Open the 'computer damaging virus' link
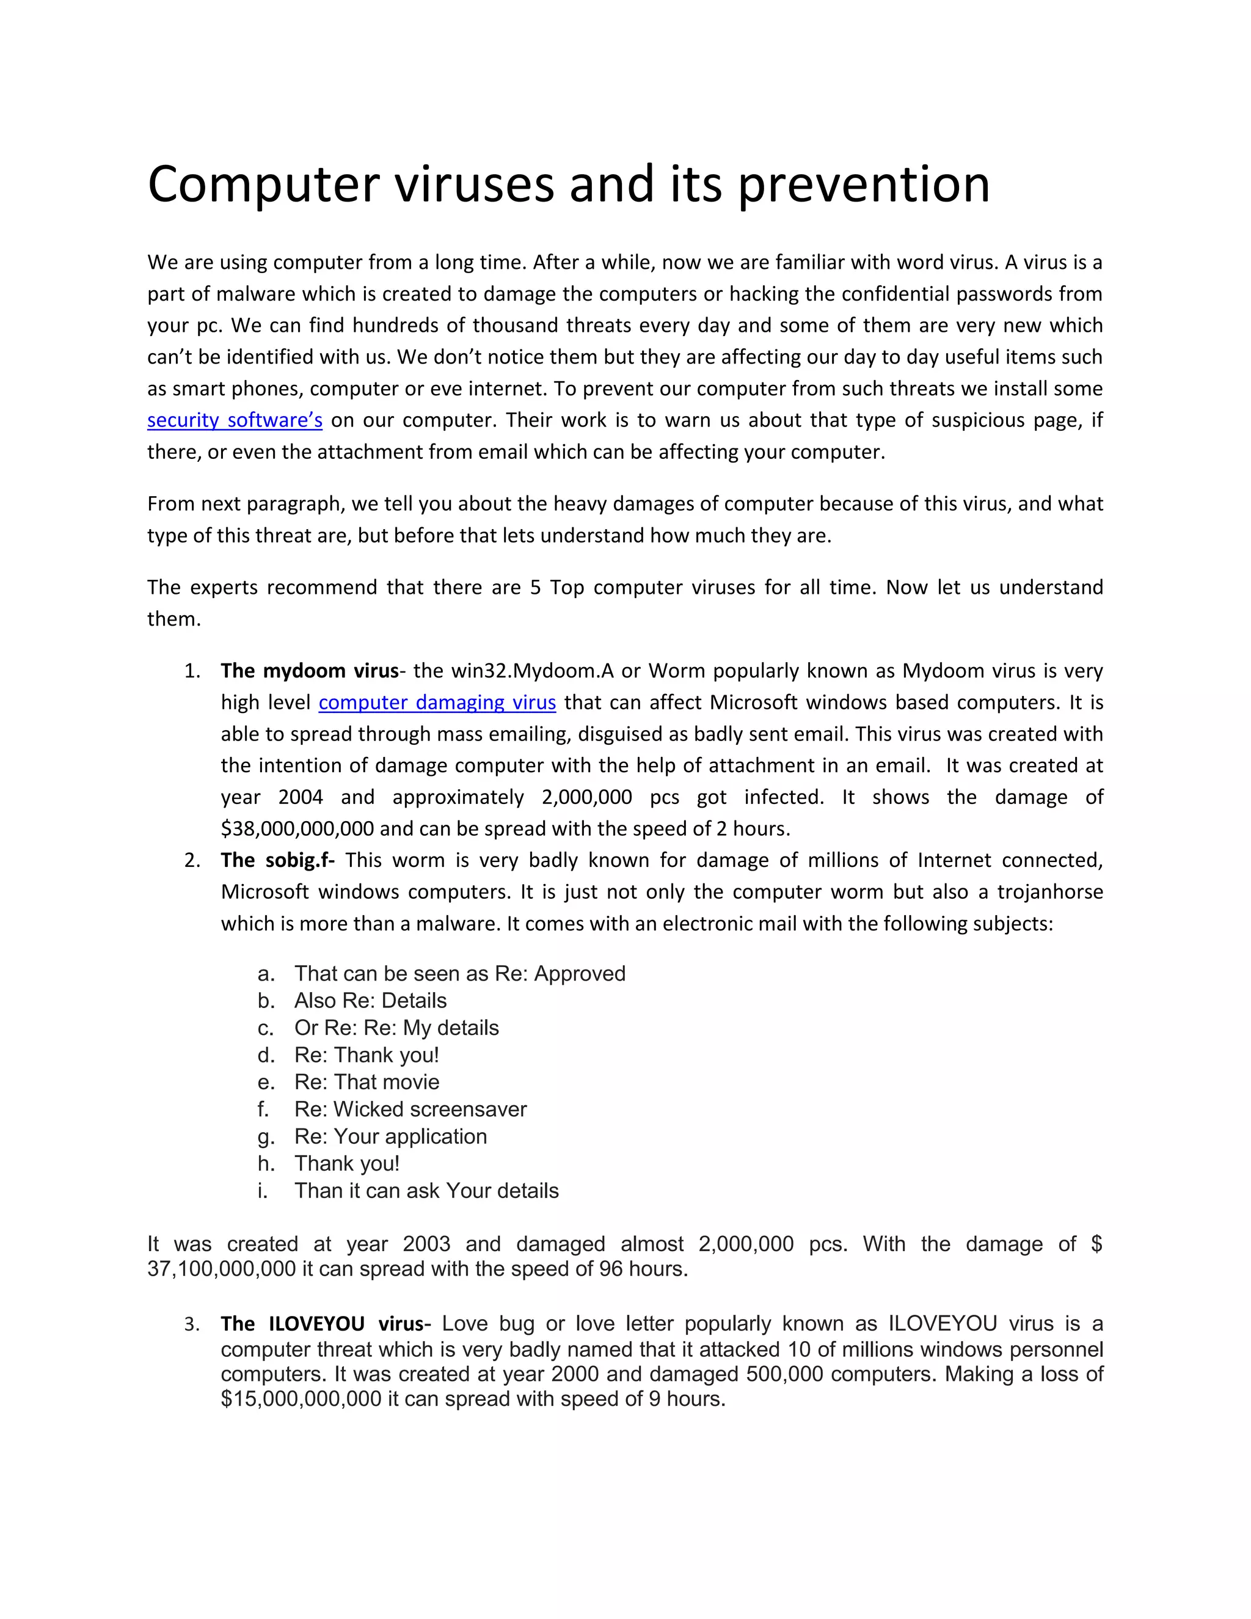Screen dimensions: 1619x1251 point(437,702)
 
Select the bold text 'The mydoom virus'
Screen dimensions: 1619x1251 point(309,671)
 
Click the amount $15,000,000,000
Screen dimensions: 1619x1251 point(300,1399)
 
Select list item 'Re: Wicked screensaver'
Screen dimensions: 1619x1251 point(410,1109)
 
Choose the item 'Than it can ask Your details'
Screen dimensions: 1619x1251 point(426,1191)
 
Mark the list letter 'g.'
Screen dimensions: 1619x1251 point(266,1137)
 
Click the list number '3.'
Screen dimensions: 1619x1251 point(191,1324)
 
